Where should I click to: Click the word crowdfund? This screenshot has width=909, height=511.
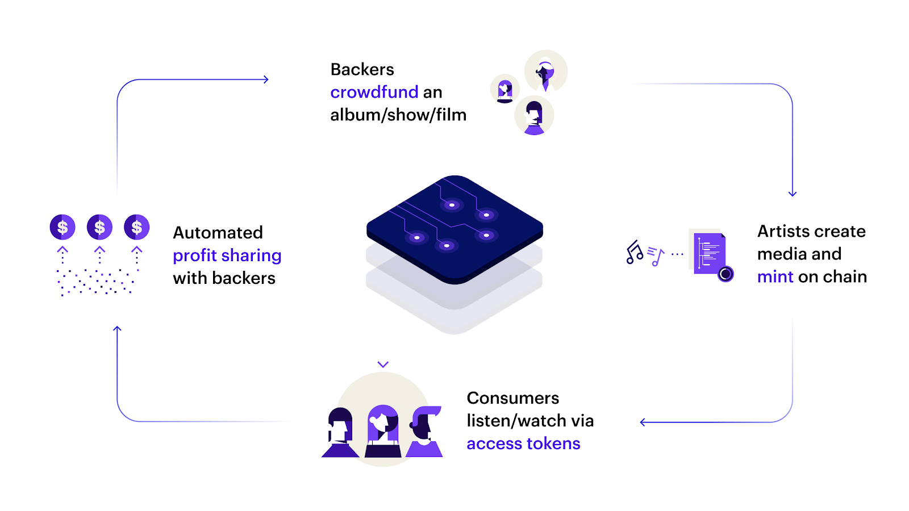[374, 92]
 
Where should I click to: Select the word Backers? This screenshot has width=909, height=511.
[362, 69]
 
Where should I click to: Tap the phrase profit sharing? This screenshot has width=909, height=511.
[227, 256]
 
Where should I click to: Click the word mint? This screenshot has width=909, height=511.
[775, 277]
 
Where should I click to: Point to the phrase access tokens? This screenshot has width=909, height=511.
[523, 443]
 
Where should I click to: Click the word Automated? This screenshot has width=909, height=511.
[218, 233]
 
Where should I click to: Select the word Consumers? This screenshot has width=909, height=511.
[512, 398]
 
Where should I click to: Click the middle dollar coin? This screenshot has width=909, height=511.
[99, 227]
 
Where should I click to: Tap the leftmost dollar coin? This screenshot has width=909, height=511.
[62, 227]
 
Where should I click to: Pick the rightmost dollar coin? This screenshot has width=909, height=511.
[136, 227]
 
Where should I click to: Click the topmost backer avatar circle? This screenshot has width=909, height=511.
[545, 71]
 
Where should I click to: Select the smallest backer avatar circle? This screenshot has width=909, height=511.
[504, 89]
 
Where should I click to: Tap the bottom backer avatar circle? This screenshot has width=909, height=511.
[534, 115]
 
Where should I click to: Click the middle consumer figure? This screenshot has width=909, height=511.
[383, 432]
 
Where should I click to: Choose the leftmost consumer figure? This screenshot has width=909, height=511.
[340, 433]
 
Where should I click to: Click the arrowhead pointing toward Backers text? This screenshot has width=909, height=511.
[265, 79]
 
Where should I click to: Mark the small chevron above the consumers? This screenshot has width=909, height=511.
[383, 365]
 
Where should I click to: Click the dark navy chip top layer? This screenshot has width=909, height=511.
[454, 227]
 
